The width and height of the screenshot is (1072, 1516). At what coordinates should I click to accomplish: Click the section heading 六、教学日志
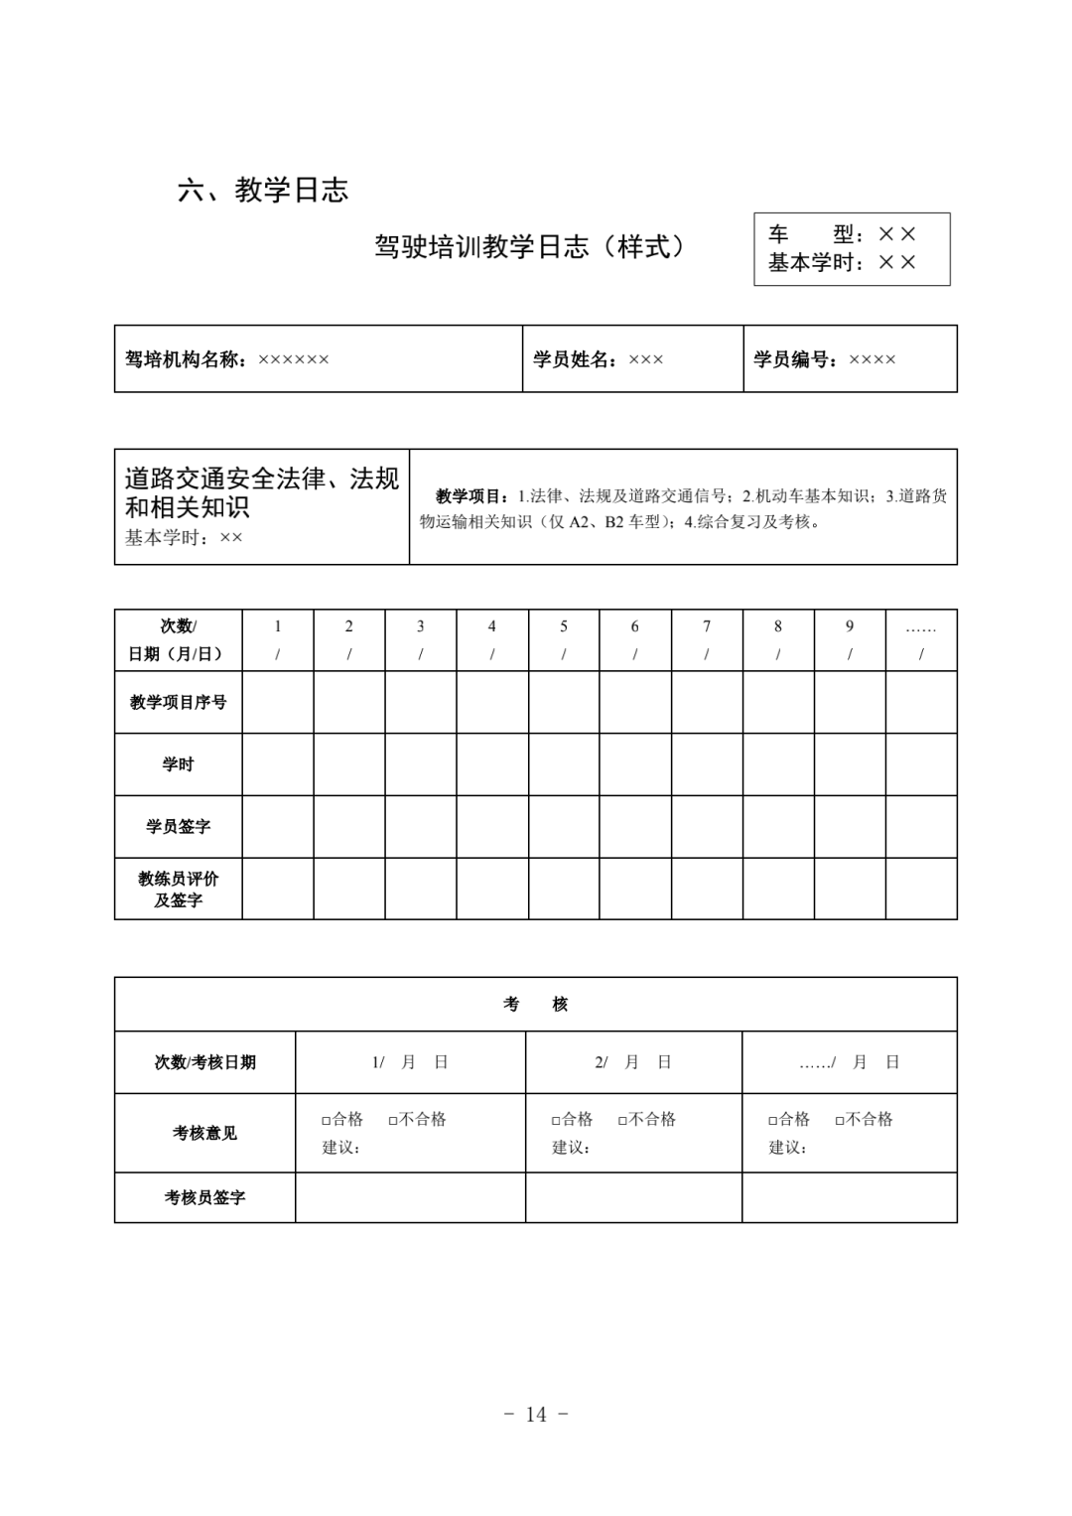tap(263, 190)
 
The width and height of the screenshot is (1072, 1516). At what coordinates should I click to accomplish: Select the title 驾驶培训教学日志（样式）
tap(530, 246)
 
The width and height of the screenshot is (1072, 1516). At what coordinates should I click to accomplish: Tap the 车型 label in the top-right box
tap(810, 234)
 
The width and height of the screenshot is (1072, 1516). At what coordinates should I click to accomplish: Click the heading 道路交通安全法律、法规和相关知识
tap(261, 492)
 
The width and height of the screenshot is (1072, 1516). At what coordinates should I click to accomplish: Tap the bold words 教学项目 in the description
tap(471, 495)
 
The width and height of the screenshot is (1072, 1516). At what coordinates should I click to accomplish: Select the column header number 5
tap(564, 626)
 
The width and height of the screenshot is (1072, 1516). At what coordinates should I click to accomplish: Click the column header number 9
tap(850, 626)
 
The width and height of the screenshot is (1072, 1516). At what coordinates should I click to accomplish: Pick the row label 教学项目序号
tap(179, 702)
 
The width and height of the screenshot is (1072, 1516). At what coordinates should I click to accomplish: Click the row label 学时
tap(179, 764)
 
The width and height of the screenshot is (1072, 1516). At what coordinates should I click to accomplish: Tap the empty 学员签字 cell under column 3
tap(421, 826)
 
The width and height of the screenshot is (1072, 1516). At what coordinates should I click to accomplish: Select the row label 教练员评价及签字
tap(179, 890)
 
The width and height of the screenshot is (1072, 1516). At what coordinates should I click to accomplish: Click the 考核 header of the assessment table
tap(536, 1005)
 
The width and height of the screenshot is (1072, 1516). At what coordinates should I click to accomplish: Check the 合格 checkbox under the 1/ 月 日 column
tap(326, 1120)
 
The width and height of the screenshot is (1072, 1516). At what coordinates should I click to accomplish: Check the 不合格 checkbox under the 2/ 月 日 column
tap(622, 1120)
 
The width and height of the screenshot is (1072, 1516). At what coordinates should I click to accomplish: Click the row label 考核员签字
tap(204, 1197)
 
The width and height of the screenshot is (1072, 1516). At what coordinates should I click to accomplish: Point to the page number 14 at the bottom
tap(536, 1414)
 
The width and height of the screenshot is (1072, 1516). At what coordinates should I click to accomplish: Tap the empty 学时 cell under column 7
tap(707, 764)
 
